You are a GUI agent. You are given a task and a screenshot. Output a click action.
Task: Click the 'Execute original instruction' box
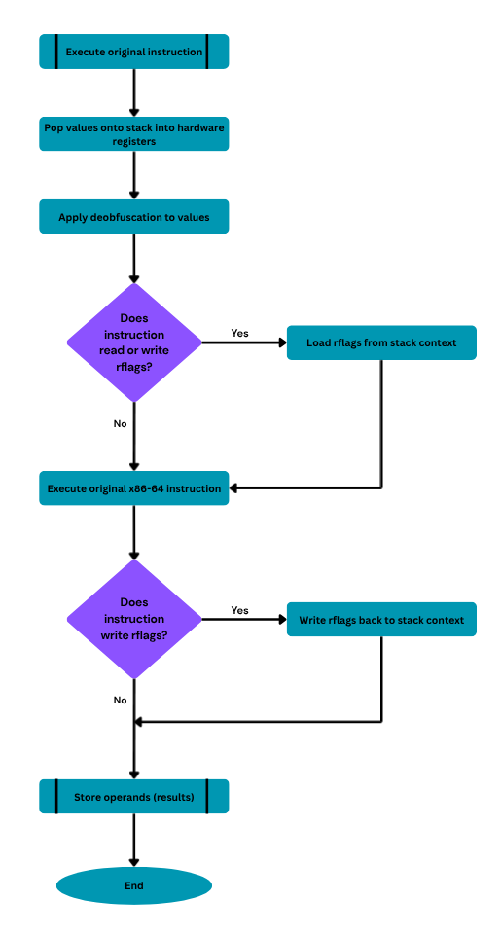coord(133,52)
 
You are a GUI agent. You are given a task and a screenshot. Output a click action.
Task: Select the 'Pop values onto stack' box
coord(133,134)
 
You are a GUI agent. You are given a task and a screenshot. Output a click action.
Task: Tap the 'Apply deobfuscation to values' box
coord(133,217)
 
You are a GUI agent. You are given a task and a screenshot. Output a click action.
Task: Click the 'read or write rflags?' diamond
coord(134,342)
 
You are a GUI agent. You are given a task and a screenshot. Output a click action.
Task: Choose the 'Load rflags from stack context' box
coord(381,343)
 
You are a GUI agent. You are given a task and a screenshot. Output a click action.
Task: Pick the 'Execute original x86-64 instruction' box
coord(133,488)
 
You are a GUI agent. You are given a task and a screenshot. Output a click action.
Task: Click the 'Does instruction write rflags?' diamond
coord(134,619)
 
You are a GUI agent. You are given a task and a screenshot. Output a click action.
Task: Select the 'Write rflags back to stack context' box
coord(381,620)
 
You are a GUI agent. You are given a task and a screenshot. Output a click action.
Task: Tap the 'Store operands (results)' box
coord(133,797)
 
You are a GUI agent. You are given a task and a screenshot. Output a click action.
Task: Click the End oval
coord(134,885)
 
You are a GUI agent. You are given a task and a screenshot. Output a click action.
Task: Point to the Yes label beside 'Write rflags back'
coord(239,610)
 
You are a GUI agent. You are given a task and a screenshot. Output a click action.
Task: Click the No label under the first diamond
coord(120,423)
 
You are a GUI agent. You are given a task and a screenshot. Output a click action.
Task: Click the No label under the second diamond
coord(120,700)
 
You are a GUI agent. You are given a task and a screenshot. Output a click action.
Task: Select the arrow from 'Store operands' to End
coord(134,841)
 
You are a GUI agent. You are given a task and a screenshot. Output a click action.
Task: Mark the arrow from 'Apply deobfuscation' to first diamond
coord(134,258)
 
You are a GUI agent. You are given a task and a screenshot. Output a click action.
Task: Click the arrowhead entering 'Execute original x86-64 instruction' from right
coord(233,488)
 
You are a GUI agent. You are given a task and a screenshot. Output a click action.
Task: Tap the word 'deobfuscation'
coord(125,217)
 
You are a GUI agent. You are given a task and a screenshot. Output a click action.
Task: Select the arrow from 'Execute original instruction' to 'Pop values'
coord(134,92)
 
